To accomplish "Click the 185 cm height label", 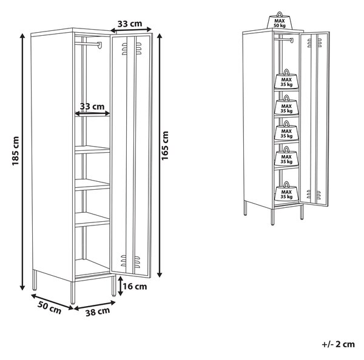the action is tap(15, 151).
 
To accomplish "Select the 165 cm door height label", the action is tap(165, 145).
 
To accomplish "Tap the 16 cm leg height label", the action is tap(135, 287).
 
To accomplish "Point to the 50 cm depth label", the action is tap(50, 308).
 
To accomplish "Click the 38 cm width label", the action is tap(98, 312).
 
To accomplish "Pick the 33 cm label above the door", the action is tap(130, 24).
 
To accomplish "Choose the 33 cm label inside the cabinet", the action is tap(92, 107).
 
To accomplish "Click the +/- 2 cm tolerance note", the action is tap(339, 344).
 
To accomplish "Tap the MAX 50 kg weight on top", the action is tap(280, 20).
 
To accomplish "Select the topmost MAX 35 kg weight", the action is tap(286, 79).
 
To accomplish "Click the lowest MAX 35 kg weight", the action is tap(286, 192).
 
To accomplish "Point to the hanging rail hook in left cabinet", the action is tap(100, 45).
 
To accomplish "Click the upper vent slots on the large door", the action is tap(132, 48).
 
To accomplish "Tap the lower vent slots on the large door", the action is tap(130, 261).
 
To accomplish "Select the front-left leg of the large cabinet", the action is tap(73, 292).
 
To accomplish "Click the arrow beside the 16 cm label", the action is tap(120, 286).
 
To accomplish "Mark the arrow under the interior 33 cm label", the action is tap(92, 113).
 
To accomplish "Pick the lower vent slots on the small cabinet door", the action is tap(314, 195).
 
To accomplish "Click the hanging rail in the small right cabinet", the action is tap(283, 39).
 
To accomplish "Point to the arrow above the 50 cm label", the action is tap(52, 302).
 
